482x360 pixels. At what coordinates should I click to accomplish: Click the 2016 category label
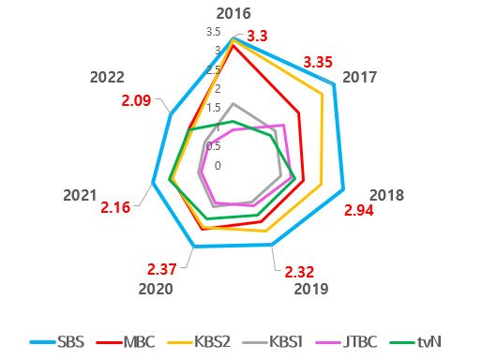(233, 13)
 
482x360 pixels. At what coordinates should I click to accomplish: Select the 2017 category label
(362, 77)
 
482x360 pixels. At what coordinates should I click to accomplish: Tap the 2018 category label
(385, 195)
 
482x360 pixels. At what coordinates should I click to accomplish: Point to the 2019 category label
(310, 289)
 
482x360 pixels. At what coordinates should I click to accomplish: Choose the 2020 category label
(155, 289)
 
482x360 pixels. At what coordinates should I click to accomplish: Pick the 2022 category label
(108, 77)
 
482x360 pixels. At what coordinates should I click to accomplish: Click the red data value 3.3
(258, 36)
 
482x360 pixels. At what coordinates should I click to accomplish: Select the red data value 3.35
(318, 62)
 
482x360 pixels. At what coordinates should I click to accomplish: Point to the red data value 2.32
(299, 272)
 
